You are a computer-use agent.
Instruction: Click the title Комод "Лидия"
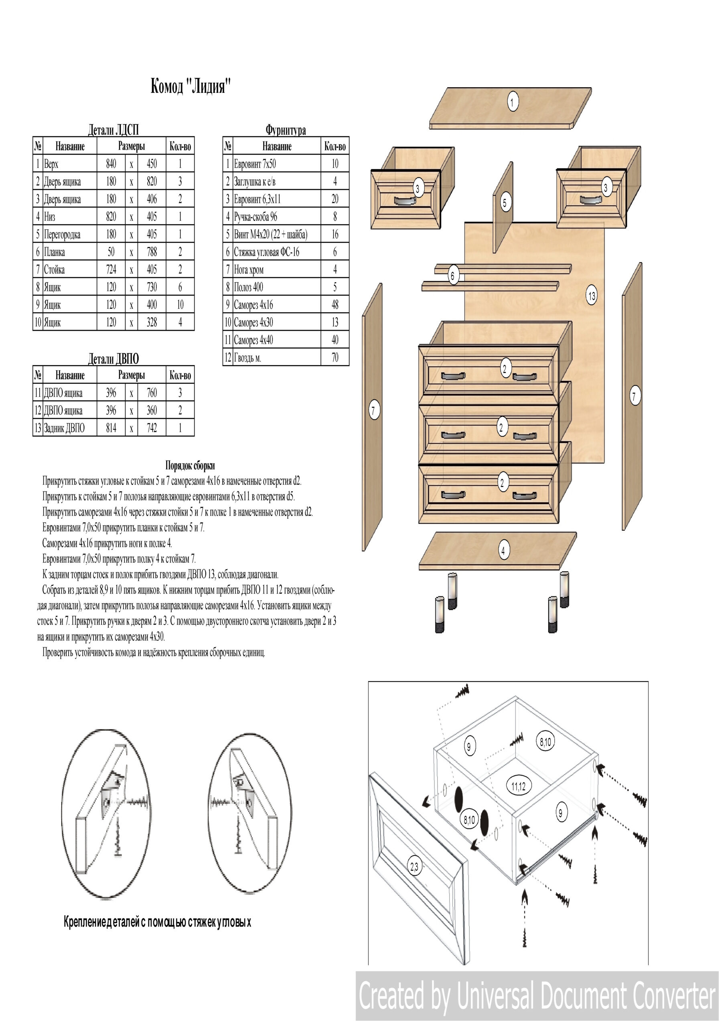coord(191,86)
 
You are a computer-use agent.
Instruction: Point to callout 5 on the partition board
coord(505,203)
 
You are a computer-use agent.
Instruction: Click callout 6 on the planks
coord(453,276)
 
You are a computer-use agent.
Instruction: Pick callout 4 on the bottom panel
coord(503,551)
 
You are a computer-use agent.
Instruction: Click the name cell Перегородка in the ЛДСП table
coord(62,234)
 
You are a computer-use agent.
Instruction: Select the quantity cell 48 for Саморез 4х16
coord(335,304)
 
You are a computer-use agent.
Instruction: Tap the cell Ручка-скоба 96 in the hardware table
coord(256,217)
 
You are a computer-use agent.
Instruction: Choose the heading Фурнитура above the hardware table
coord(286,130)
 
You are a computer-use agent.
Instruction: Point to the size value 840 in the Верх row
coord(111,164)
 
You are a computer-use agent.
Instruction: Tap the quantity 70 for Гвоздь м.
coord(335,357)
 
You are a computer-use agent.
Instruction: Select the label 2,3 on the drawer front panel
coord(414,867)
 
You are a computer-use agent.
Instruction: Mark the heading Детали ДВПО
coord(113,359)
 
